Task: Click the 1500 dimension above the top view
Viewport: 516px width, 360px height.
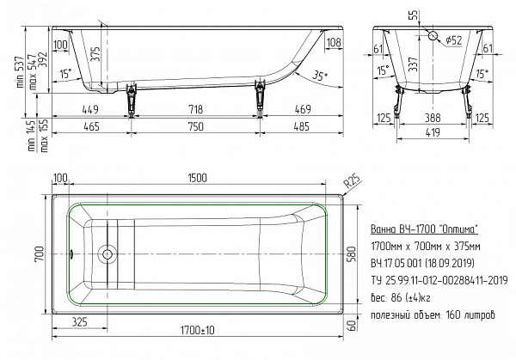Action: click(x=198, y=178)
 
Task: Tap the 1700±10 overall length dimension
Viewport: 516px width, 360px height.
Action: click(x=197, y=330)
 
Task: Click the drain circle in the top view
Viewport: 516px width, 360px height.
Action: click(x=107, y=254)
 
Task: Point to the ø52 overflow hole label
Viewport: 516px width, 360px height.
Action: click(x=454, y=40)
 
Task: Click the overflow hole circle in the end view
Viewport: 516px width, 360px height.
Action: click(x=433, y=35)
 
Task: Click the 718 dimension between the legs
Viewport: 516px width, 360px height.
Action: click(x=195, y=109)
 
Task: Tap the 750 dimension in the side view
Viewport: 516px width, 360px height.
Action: click(x=196, y=126)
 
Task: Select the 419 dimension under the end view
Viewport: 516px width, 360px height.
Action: click(x=433, y=132)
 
